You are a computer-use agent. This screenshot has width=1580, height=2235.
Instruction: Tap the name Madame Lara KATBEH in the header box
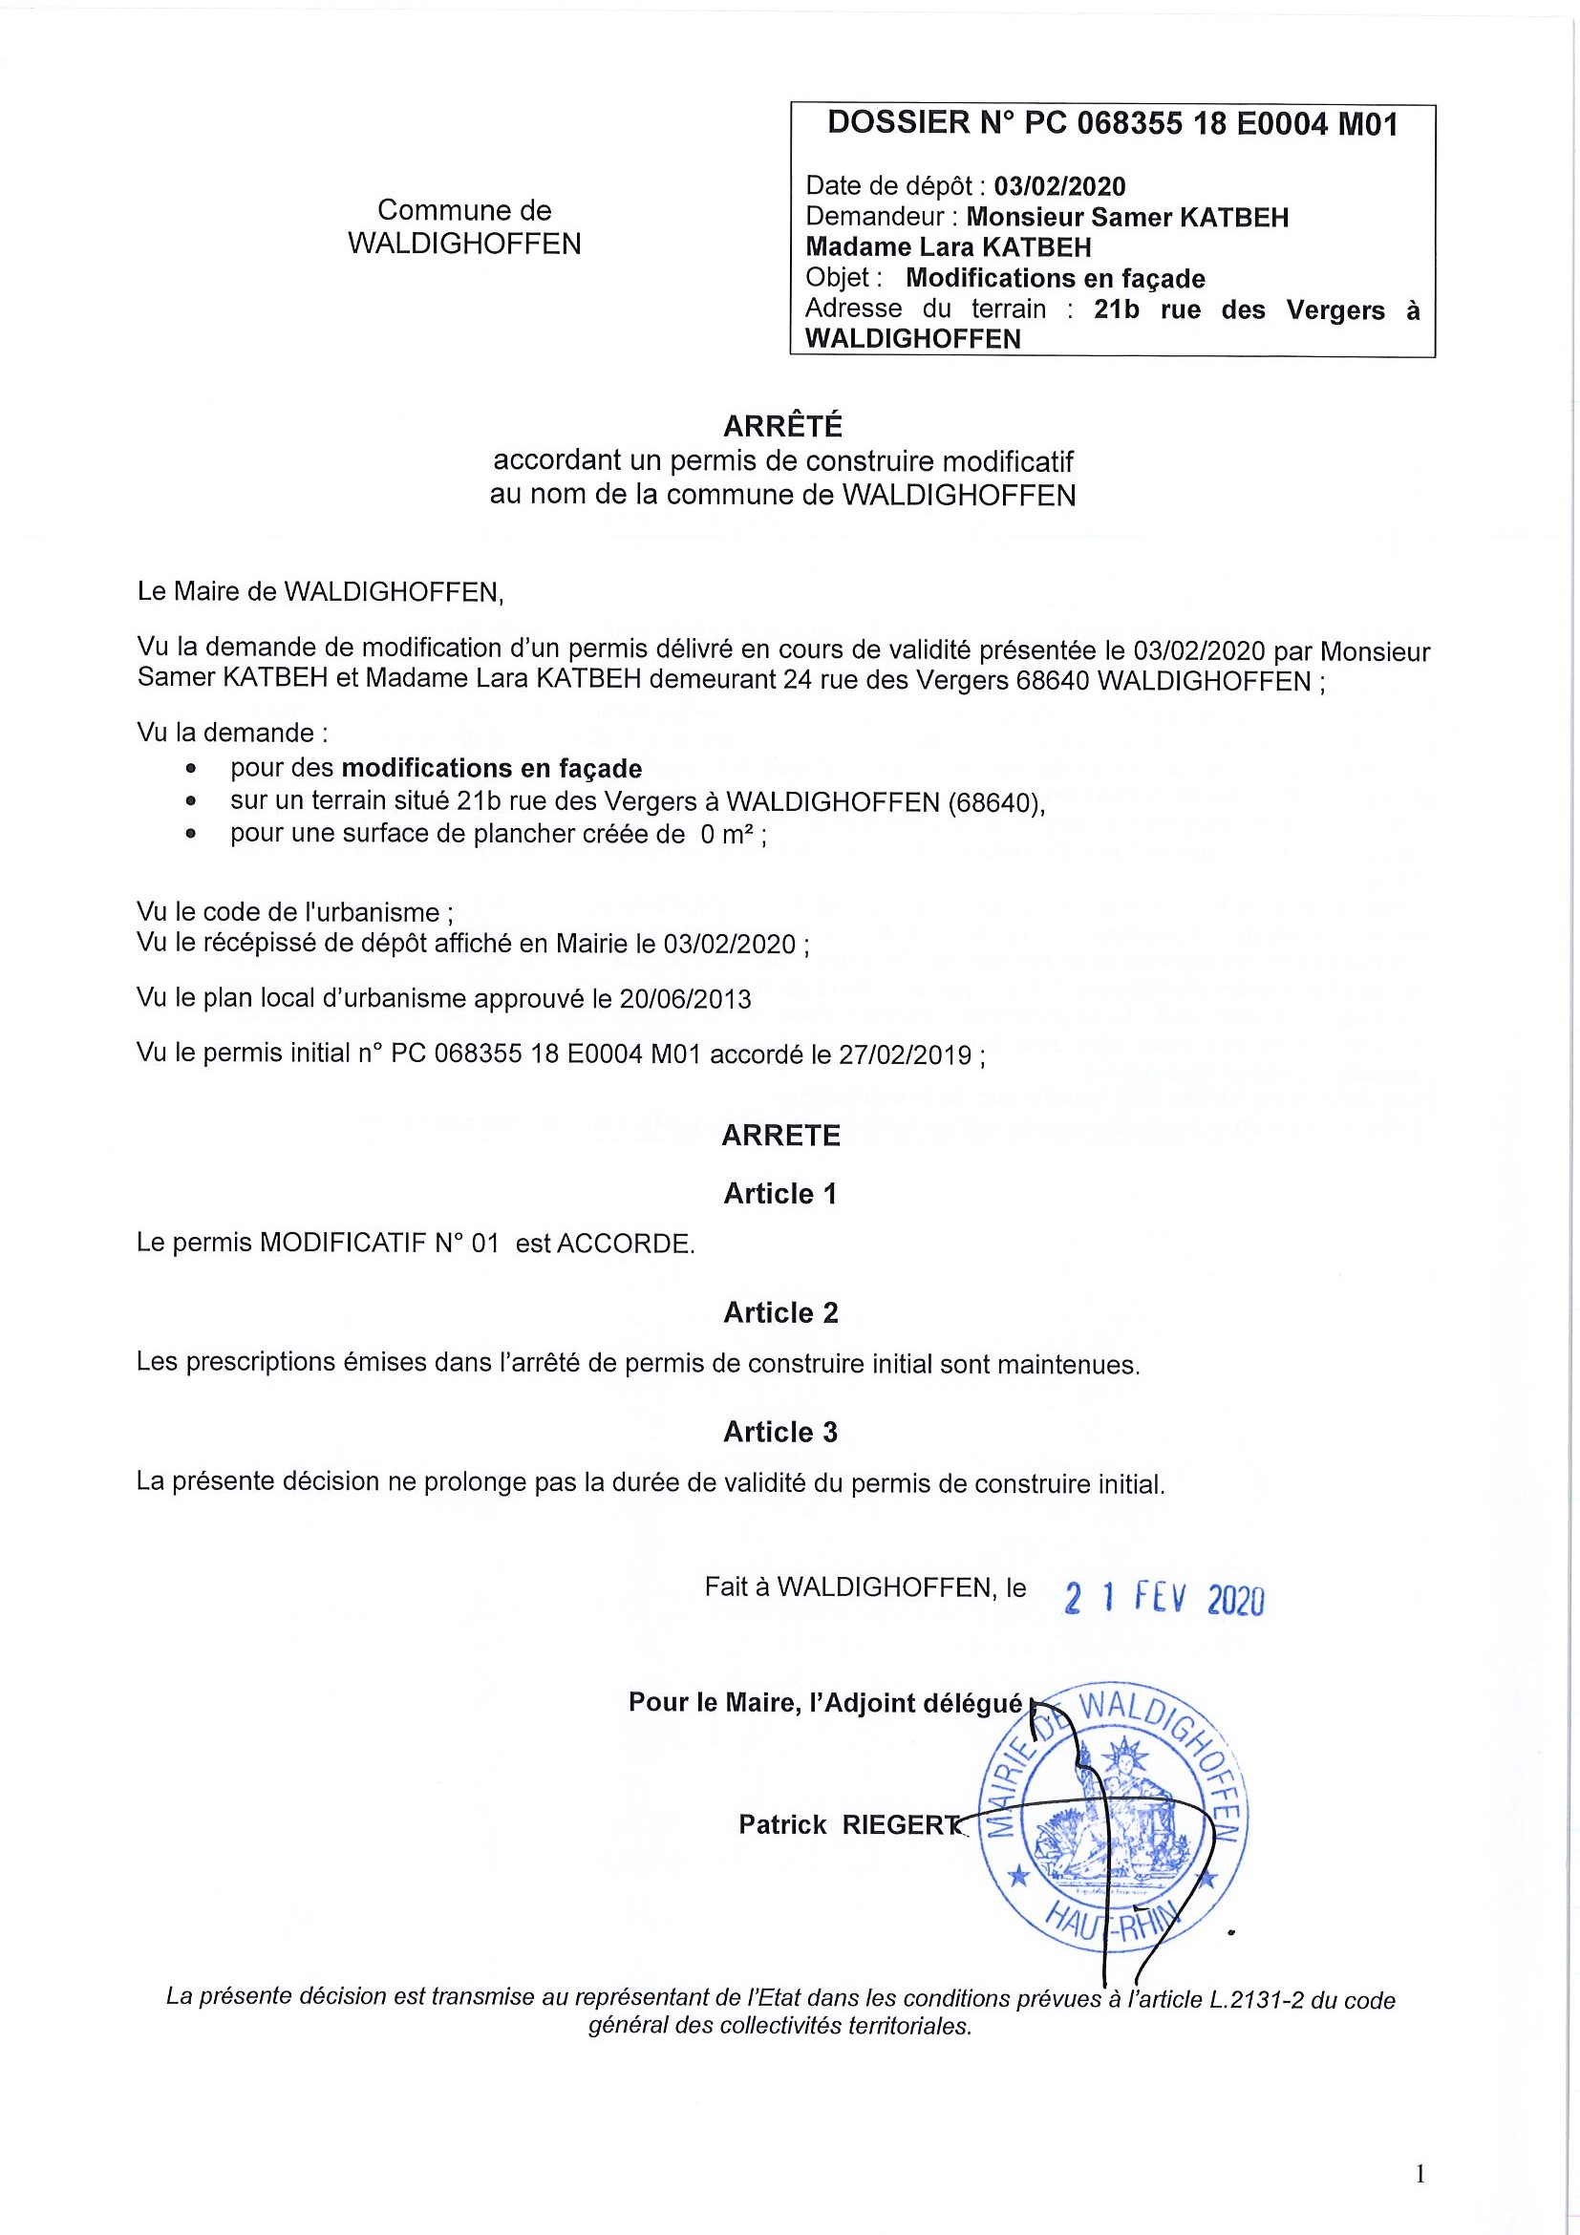click(949, 247)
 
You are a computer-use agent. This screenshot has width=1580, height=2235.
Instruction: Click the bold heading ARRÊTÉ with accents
click(782, 426)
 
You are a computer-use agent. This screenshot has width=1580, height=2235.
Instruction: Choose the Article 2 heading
click(779, 1312)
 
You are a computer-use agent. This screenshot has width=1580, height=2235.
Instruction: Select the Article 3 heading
click(779, 1431)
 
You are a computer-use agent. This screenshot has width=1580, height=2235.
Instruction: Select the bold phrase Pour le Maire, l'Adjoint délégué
click(825, 1703)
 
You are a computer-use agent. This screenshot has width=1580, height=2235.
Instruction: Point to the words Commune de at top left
click(464, 210)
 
